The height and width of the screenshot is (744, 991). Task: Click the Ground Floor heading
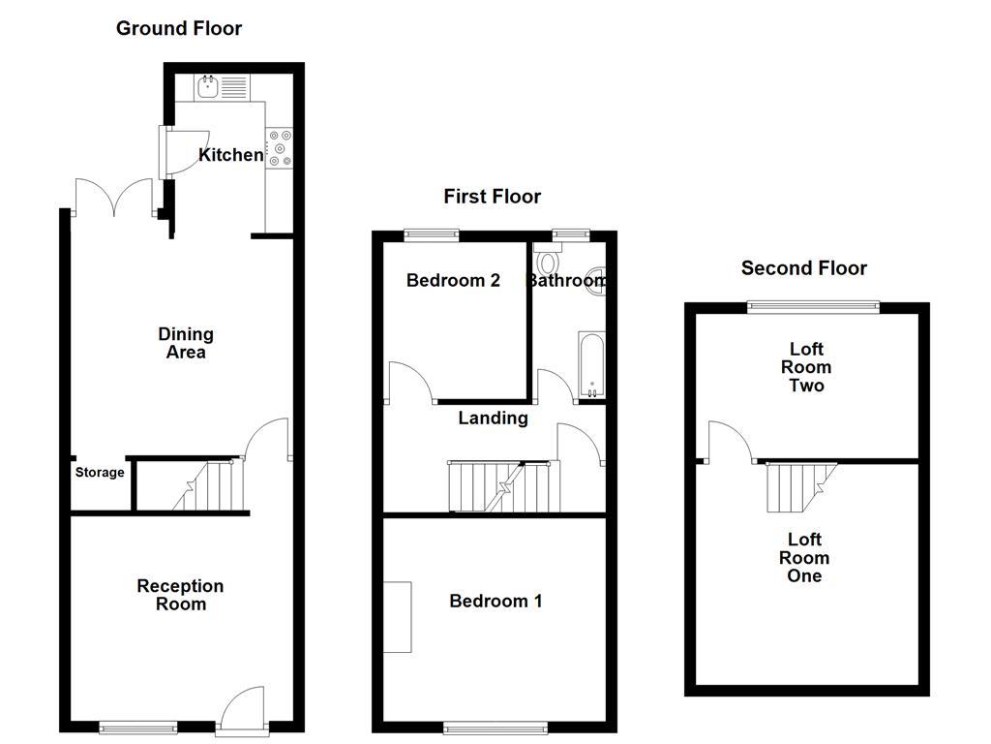tap(179, 28)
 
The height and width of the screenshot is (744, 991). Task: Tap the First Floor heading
tap(492, 197)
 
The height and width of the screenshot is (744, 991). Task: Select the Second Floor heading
tap(803, 268)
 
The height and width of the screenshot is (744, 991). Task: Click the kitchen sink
tap(209, 87)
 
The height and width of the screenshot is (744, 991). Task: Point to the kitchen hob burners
tap(281, 148)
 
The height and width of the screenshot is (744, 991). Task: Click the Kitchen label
tap(230, 155)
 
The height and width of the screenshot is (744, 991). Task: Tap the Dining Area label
tap(186, 343)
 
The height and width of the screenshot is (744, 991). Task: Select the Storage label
tap(100, 473)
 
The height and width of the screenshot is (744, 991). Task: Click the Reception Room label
tap(180, 595)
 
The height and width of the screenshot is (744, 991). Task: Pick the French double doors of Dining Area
tap(114, 199)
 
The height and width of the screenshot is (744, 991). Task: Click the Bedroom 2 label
tap(453, 281)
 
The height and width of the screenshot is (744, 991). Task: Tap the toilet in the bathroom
tap(549, 262)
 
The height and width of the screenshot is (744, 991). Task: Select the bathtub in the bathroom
tap(590, 365)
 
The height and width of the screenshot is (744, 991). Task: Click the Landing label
tap(493, 418)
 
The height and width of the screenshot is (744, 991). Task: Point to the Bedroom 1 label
tap(495, 602)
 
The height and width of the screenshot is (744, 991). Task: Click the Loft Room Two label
tap(806, 367)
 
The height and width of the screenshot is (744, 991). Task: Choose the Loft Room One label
tap(804, 558)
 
